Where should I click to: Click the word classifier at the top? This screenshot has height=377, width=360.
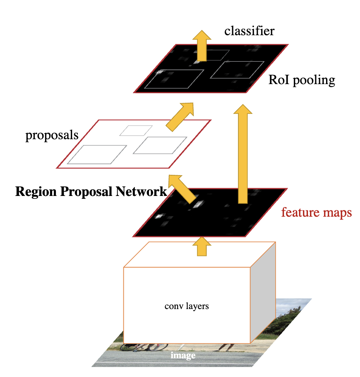249,31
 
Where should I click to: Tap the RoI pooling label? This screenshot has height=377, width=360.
302,80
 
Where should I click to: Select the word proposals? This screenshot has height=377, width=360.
52,135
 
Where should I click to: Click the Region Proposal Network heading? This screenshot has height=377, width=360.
91,191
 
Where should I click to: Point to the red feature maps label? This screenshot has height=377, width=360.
317,213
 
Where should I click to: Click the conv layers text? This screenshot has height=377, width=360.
187,307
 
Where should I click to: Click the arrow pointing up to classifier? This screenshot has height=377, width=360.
202,46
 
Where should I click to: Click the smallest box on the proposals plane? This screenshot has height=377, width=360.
136,130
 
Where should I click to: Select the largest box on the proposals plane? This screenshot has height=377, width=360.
97,154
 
